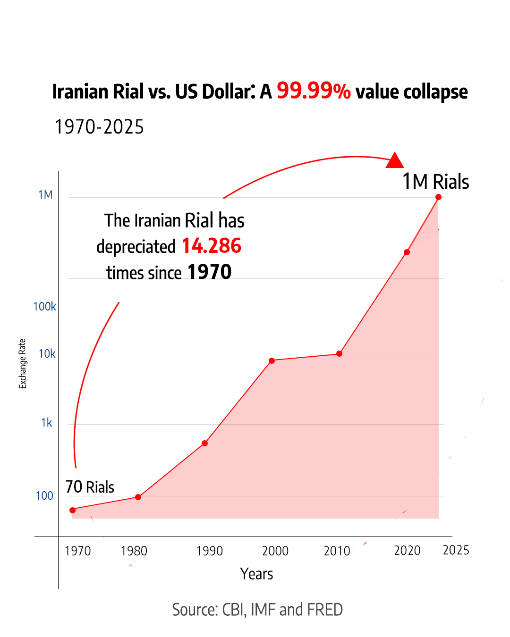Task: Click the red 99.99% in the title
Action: pyautogui.click(x=314, y=91)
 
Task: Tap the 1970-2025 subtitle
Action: pyautogui.click(x=99, y=127)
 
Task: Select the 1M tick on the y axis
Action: pyautogui.click(x=45, y=195)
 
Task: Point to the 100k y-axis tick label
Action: pyautogui.click(x=44, y=307)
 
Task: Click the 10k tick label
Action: pyautogui.click(x=47, y=354)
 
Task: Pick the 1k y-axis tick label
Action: pyautogui.click(x=46, y=423)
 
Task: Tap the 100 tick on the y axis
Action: pyautogui.click(x=44, y=496)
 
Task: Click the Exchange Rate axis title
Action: pyautogui.click(x=22, y=364)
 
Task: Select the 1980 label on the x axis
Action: pyautogui.click(x=134, y=551)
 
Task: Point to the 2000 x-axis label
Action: pyautogui.click(x=275, y=551)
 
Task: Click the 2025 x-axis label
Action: pyautogui.click(x=456, y=550)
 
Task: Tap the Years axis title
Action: pyautogui.click(x=256, y=574)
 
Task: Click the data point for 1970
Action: pyautogui.click(x=72, y=510)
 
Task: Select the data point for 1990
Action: pyautogui.click(x=204, y=443)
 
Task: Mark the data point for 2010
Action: pyautogui.click(x=339, y=353)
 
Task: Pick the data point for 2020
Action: pyautogui.click(x=407, y=252)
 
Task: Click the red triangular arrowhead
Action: pyautogui.click(x=395, y=161)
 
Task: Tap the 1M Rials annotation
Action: pyautogui.click(x=435, y=182)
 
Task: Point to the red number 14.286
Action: pyautogui.click(x=211, y=246)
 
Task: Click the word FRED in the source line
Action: pyautogui.click(x=325, y=610)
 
